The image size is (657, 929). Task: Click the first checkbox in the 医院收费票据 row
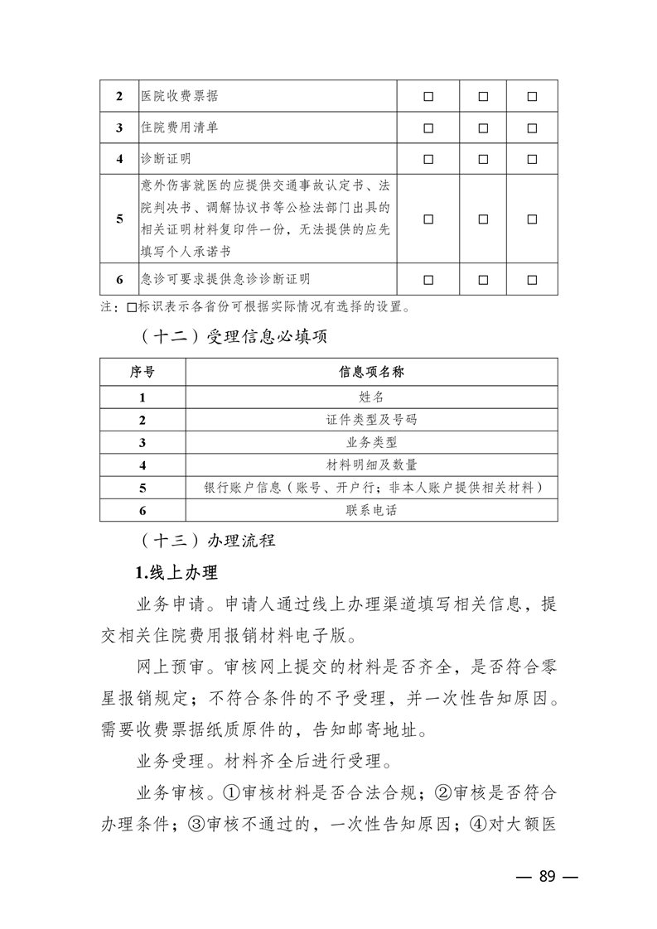[429, 97]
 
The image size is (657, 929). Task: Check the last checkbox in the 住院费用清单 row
[532, 128]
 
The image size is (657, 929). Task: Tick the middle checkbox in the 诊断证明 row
[483, 158]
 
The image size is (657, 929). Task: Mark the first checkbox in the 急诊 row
[429, 279]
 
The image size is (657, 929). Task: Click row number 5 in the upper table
[119, 219]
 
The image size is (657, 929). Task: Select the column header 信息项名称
[371, 373]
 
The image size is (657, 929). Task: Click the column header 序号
[143, 373]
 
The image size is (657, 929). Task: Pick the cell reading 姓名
[371, 397]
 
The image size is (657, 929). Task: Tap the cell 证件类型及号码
[371, 420]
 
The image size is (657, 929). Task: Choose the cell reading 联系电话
[371, 510]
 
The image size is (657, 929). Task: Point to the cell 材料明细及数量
[371, 464]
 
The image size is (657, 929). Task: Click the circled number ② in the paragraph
[443, 792]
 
